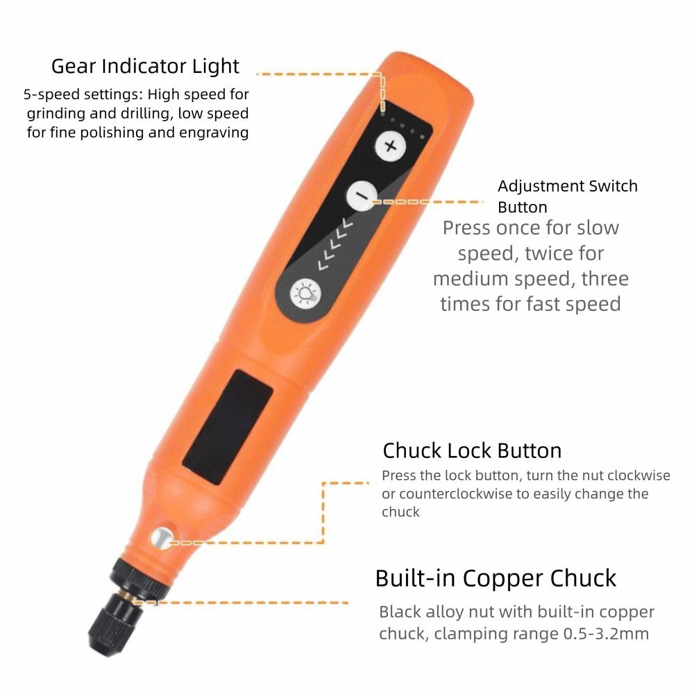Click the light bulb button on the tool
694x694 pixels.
pos(304,292)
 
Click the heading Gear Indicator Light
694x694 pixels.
pos(145,67)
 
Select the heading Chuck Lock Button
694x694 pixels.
pos(472,450)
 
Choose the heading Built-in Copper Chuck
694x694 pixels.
pos(496,578)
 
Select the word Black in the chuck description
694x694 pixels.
pos(400,612)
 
